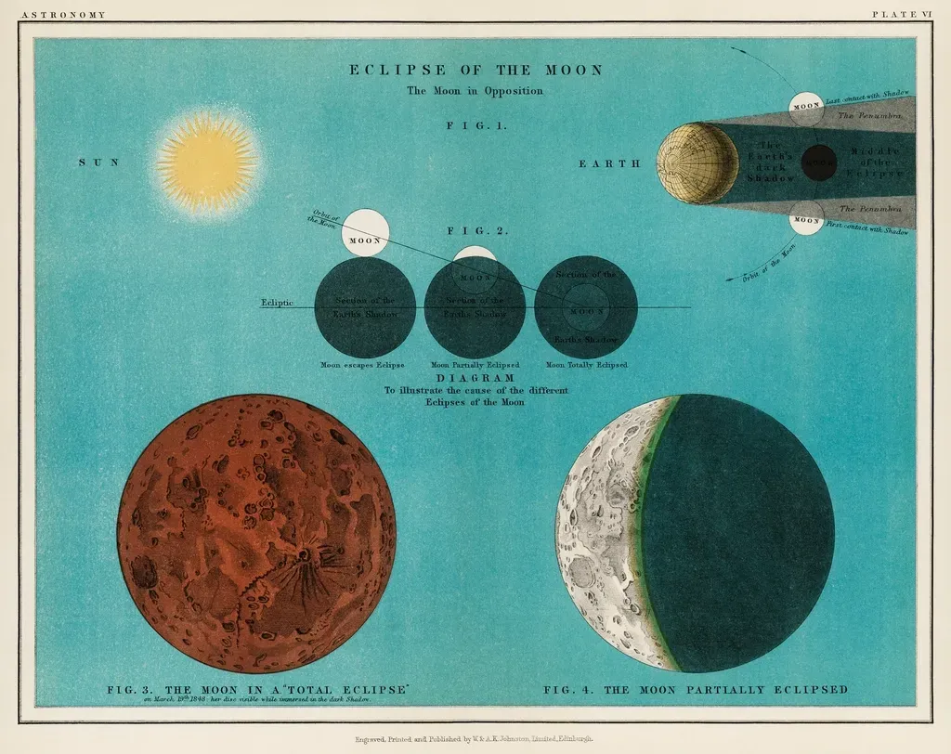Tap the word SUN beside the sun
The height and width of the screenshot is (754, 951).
point(98,162)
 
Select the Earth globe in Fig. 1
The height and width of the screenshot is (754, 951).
point(697,163)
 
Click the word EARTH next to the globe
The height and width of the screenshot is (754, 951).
point(609,163)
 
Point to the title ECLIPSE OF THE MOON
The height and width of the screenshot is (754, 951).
point(475,70)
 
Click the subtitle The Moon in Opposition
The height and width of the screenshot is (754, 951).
point(475,91)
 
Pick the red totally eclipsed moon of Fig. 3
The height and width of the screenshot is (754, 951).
point(256,533)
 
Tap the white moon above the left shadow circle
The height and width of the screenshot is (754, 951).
point(365,232)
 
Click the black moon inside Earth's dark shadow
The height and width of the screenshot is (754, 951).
point(818,163)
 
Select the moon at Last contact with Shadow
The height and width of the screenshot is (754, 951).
point(806,108)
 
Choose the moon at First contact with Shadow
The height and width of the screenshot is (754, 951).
point(806,219)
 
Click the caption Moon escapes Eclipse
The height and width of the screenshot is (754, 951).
point(362,365)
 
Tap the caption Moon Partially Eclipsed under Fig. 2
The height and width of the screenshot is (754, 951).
point(475,365)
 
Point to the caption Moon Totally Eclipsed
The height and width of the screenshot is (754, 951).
point(586,365)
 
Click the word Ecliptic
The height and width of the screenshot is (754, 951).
point(277,303)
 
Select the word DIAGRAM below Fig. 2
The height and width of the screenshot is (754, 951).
point(475,379)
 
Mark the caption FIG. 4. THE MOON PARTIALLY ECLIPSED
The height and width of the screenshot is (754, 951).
point(696,690)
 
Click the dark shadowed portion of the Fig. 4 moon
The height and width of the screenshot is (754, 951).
point(743,534)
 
